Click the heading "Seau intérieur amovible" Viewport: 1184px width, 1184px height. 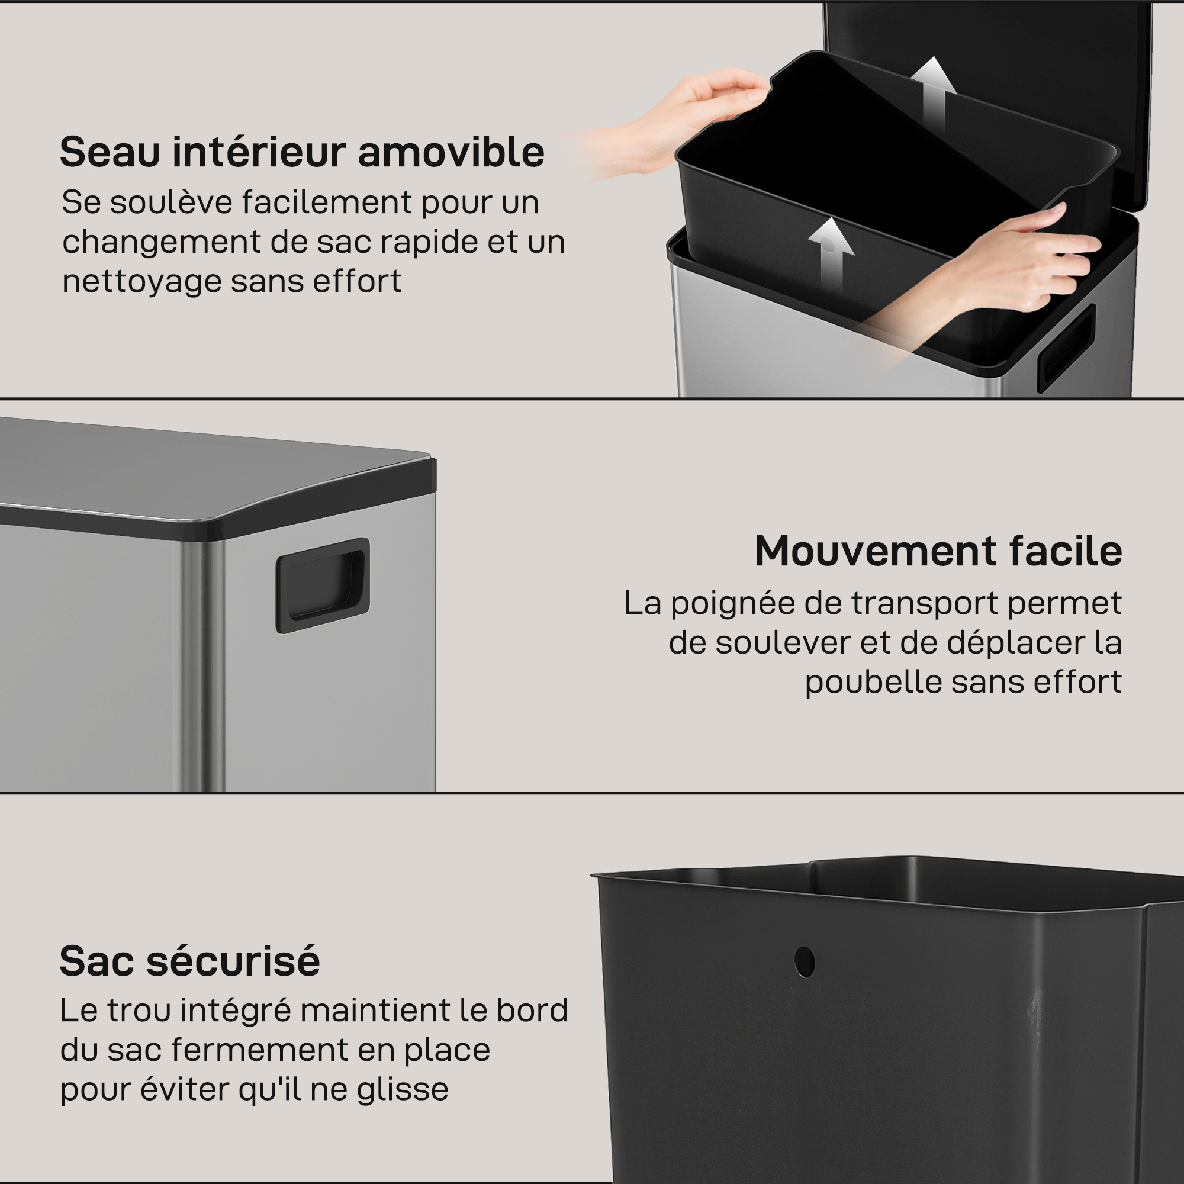tap(302, 152)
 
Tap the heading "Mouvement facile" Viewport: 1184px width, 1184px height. tap(938, 551)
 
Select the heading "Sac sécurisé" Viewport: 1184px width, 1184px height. tap(189, 961)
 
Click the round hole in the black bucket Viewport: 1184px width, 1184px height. tap(805, 962)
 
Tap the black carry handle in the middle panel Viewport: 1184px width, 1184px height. tap(323, 585)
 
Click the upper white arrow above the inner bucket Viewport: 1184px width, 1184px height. tap(933, 95)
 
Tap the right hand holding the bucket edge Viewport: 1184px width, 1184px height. tap(987, 276)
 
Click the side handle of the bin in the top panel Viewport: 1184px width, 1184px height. tap(1066, 348)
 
